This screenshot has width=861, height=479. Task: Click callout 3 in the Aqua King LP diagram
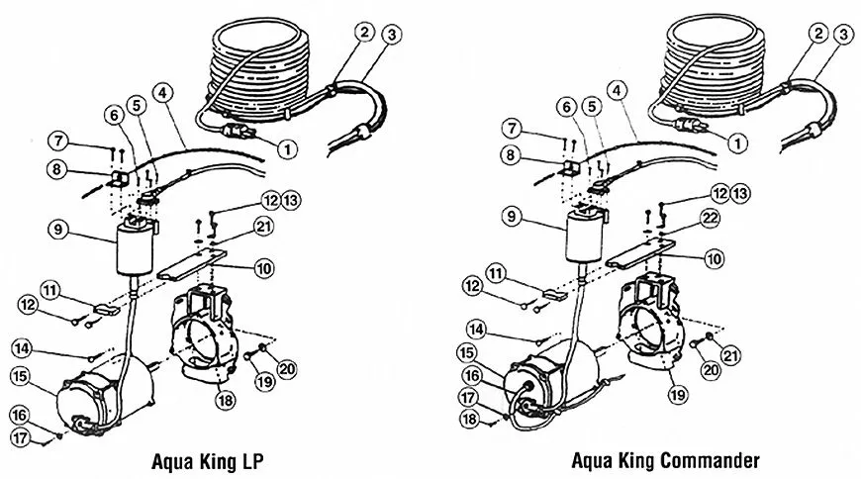tap(368, 36)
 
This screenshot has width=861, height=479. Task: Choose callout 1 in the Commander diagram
tap(736, 142)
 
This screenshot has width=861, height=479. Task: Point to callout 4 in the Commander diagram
tap(619, 88)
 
